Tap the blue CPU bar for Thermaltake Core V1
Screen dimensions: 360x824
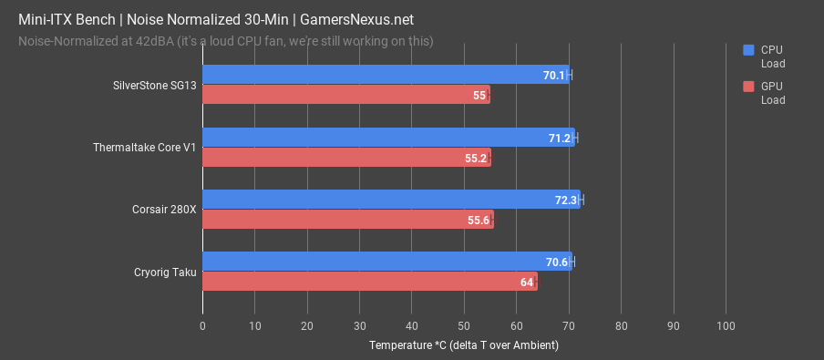click(x=388, y=138)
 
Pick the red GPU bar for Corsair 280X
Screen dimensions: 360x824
click(x=347, y=220)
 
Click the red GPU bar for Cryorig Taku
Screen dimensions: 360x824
click(x=369, y=283)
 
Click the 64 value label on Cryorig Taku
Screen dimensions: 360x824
click(x=526, y=283)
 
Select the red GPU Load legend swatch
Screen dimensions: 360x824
click(x=748, y=87)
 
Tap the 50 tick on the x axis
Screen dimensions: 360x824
click(x=464, y=325)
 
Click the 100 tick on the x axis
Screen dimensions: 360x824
click(x=726, y=325)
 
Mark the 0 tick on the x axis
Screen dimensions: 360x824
click(x=202, y=325)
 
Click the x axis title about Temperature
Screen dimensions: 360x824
click(x=463, y=345)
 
